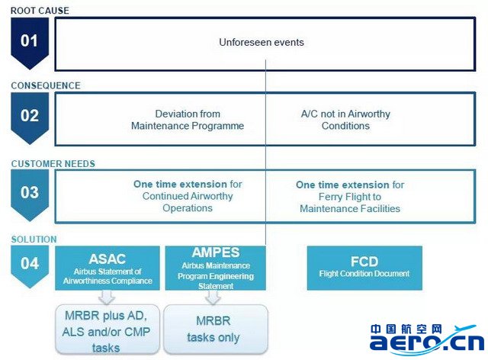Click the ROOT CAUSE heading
pyautogui.click(x=40, y=11)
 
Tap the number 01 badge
pyautogui.click(x=30, y=42)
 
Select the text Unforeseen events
pyautogui.click(x=262, y=42)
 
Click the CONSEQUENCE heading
pyautogui.click(x=46, y=85)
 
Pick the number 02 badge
pyautogui.click(x=30, y=117)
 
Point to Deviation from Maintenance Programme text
pyautogui.click(x=188, y=120)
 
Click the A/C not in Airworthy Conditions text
pyautogui.click(x=345, y=120)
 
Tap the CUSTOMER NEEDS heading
pyautogui.click(x=53, y=164)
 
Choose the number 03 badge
pyautogui.click(x=30, y=194)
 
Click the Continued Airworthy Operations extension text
pyautogui.click(x=188, y=196)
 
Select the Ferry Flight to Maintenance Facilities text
pyautogui.click(x=350, y=197)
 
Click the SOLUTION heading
pyautogui.click(x=34, y=239)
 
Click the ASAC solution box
pyautogui.click(x=108, y=268)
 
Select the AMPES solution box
pyautogui.click(x=215, y=268)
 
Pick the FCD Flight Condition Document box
pyautogui.click(x=364, y=268)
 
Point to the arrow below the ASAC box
pyautogui.click(x=107, y=297)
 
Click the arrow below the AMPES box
pyautogui.click(x=213, y=297)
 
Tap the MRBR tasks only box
pyautogui.click(x=215, y=329)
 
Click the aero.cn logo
pyautogui.click(x=427, y=339)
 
